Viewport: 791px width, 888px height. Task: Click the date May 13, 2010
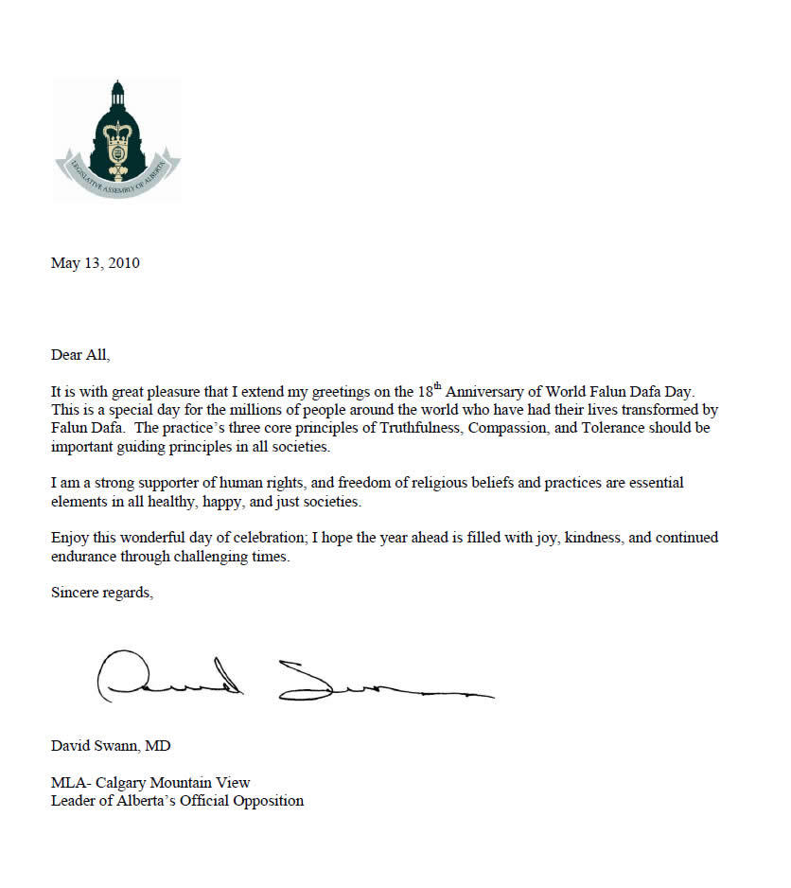pyautogui.click(x=95, y=263)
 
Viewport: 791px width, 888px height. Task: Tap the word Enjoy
pyautogui.click(x=70, y=538)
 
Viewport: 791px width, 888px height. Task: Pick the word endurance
pyautogui.click(x=83, y=557)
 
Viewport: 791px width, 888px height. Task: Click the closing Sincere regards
pyautogui.click(x=100, y=593)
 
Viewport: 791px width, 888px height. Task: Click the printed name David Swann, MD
pyautogui.click(x=111, y=746)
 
